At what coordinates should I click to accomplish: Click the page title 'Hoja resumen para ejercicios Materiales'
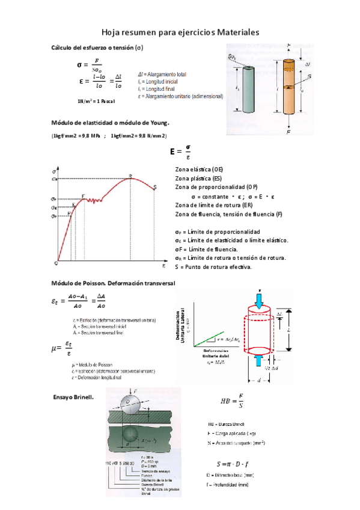(x=180, y=32)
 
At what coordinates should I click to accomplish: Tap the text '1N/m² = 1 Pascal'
(x=96, y=100)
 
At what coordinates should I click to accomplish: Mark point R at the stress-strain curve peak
(x=130, y=177)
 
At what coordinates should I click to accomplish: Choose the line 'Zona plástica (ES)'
(x=198, y=179)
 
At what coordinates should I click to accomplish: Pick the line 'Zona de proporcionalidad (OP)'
(x=216, y=188)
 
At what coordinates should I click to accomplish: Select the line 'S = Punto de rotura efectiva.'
(x=213, y=266)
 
